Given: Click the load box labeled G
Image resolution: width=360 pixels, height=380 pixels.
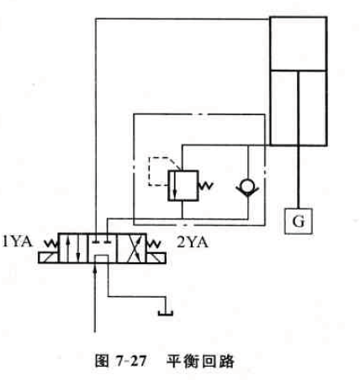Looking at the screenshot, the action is tap(299, 221).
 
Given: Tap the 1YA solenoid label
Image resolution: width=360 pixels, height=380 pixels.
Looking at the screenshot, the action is tap(18, 241).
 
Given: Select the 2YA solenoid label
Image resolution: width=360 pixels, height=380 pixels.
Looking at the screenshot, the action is tap(193, 242).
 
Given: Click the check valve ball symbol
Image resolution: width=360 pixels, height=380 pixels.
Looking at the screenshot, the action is tap(247, 187).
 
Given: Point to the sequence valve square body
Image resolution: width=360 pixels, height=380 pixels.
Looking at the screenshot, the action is tap(183, 186).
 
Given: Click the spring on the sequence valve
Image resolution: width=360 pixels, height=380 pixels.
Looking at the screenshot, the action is tap(206, 186).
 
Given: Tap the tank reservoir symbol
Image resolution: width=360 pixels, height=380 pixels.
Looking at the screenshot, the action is tap(166, 313).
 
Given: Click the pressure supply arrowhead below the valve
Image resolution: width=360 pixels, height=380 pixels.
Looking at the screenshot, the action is tap(95, 269).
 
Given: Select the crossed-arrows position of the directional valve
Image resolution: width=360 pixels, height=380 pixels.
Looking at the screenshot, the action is tap(131, 248).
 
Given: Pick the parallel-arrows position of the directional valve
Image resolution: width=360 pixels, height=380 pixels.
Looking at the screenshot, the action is tap(73, 248).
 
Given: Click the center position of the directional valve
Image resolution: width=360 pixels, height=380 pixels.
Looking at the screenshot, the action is tap(102, 248).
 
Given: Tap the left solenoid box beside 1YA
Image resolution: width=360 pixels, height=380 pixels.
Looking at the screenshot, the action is tap(49, 258).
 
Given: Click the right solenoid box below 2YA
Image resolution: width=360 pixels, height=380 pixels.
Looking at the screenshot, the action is tap(156, 258).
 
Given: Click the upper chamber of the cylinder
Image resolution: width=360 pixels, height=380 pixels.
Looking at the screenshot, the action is tap(299, 44).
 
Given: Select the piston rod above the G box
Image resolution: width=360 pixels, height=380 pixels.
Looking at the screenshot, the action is tap(299, 140).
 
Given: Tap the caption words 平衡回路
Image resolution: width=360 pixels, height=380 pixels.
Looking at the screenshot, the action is tap(200, 362).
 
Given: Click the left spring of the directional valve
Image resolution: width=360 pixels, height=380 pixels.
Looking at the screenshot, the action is tap(51, 244).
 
